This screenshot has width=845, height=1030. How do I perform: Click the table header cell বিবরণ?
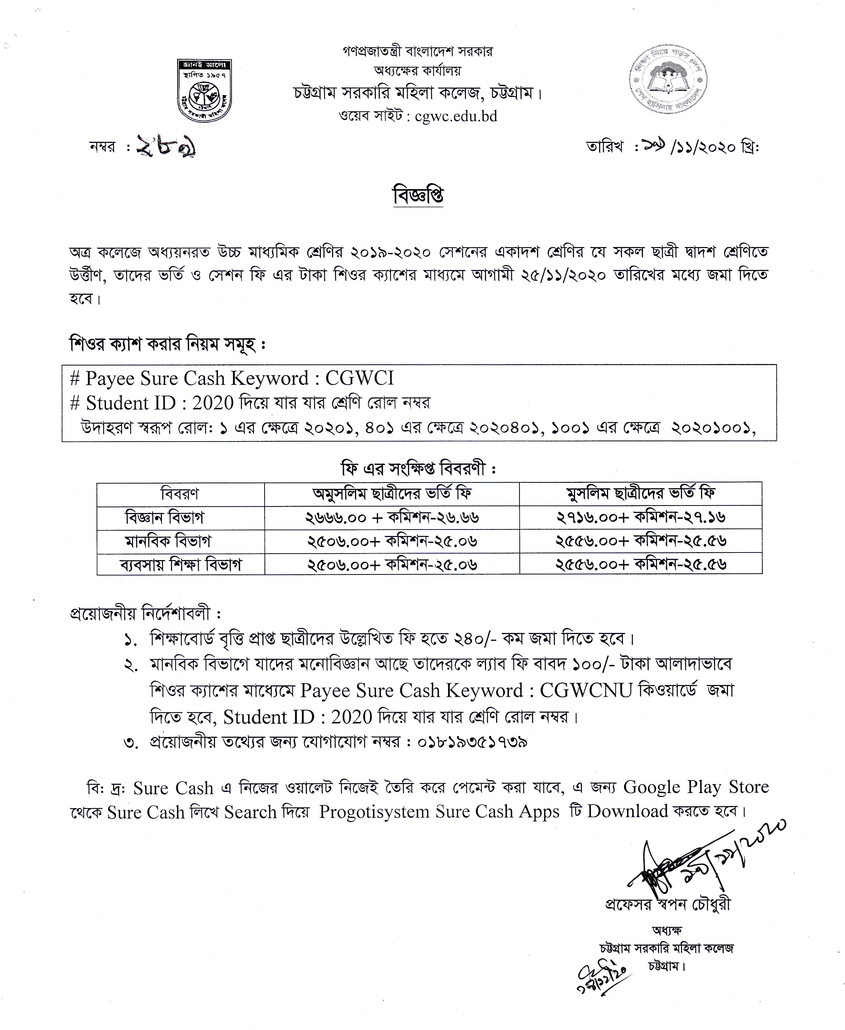point(180,494)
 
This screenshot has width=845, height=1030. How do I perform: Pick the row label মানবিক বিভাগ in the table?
point(168,541)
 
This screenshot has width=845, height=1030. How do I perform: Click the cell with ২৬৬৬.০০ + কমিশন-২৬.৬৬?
point(392,517)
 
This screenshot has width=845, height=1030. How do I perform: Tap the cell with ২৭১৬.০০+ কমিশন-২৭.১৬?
point(640,517)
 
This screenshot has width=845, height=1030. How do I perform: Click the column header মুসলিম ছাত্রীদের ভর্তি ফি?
point(640,494)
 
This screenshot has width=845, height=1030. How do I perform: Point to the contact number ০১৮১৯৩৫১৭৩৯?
point(473,742)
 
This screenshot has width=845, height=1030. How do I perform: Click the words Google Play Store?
point(696,787)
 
